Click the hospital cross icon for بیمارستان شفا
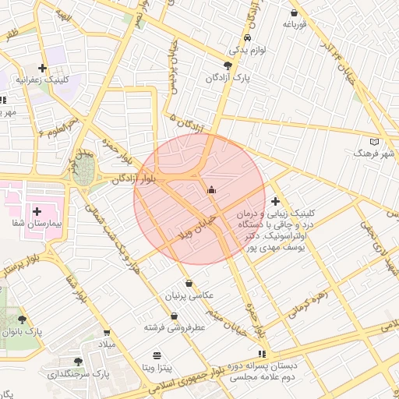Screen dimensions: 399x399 coord(37,211)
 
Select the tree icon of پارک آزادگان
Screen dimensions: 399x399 coord(227,65)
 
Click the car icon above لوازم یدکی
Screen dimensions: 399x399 coord(247,37)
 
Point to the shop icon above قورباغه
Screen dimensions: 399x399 coord(294,13)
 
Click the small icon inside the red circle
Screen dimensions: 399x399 coord(210,189)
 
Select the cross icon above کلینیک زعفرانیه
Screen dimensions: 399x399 coord(42,69)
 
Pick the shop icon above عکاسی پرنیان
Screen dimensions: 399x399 coord(189,284)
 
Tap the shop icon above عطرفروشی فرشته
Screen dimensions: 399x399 coord(173,316)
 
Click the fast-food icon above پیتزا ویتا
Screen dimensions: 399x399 coord(158,354)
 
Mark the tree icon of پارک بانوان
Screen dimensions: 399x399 coord(22,320)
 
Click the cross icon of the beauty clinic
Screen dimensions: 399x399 coord(275,201)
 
